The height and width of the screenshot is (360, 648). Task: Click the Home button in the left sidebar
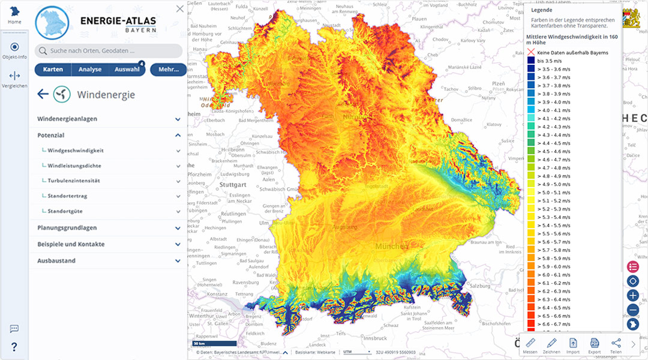[14, 14]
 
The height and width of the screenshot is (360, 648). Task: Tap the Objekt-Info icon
[14, 50]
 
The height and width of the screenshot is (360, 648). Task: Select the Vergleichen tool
[14, 79]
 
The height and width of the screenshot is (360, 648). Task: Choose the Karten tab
[53, 70]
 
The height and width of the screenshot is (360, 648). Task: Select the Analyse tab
[89, 70]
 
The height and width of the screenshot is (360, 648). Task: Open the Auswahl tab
[127, 70]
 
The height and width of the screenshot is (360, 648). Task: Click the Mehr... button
[169, 70]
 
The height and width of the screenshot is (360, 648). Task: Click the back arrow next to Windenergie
[43, 94]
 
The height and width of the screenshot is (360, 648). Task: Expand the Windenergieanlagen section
[108, 119]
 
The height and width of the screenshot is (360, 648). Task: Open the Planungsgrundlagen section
[108, 228]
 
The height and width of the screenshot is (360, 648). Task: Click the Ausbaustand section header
[108, 261]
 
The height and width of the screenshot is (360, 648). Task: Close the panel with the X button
[180, 8]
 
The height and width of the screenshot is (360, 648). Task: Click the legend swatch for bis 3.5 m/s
[531, 61]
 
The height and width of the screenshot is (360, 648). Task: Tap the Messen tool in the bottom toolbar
[530, 345]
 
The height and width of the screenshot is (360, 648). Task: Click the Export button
[594, 345]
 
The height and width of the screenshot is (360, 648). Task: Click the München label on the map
[391, 247]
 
